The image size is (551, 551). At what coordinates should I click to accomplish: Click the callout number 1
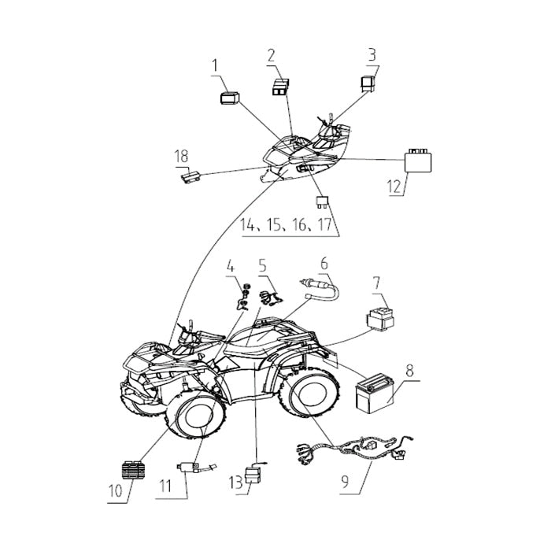click(215, 68)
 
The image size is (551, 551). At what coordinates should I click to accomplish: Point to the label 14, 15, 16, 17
click(287, 226)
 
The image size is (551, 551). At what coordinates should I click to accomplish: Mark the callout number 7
click(376, 282)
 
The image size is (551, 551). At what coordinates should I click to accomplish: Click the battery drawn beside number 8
click(376, 395)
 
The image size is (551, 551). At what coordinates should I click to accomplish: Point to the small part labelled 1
click(229, 98)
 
